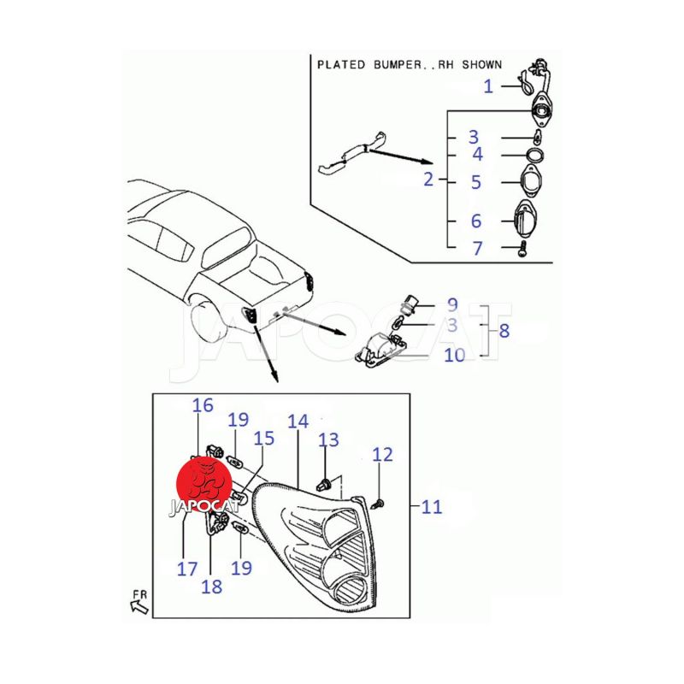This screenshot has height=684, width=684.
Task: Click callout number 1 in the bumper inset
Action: [488, 86]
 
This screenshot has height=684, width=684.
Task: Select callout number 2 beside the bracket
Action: [428, 180]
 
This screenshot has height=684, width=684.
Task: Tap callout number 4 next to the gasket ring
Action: [478, 155]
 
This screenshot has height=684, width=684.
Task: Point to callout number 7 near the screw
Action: [478, 249]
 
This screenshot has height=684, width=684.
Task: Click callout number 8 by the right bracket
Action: [504, 331]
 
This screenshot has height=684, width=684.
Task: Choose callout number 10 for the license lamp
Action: [455, 355]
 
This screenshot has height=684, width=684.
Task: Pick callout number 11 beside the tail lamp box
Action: [432, 507]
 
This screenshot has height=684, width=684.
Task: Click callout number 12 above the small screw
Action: [382, 455]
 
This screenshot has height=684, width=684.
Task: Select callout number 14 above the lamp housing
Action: [298, 422]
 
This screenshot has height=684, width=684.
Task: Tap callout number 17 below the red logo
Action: [187, 569]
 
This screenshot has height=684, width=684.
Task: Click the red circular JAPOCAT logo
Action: [203, 485]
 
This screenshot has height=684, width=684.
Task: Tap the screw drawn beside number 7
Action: [522, 250]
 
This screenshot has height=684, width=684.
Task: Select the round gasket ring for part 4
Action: [535, 155]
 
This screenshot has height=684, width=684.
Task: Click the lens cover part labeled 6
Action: [526, 220]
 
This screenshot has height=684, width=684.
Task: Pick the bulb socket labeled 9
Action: [410, 304]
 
